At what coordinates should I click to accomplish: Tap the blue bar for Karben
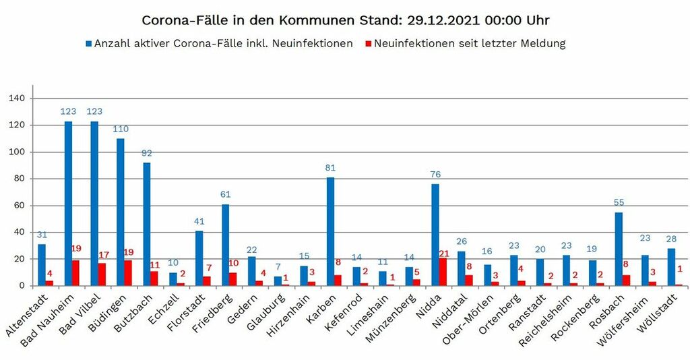point(330,231)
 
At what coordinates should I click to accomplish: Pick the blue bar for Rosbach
point(619,249)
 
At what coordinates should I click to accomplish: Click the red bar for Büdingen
point(128,273)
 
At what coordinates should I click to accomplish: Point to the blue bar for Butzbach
point(147,224)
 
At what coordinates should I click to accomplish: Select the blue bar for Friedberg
point(225,245)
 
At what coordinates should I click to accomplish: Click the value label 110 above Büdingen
point(121,128)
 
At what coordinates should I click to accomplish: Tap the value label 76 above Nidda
point(435,174)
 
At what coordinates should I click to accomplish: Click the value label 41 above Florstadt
point(199,220)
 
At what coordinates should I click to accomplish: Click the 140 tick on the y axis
point(16,98)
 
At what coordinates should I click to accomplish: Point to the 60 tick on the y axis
point(19,206)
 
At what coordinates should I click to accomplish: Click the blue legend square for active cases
point(88,44)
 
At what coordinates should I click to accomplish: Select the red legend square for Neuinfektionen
point(368,44)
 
